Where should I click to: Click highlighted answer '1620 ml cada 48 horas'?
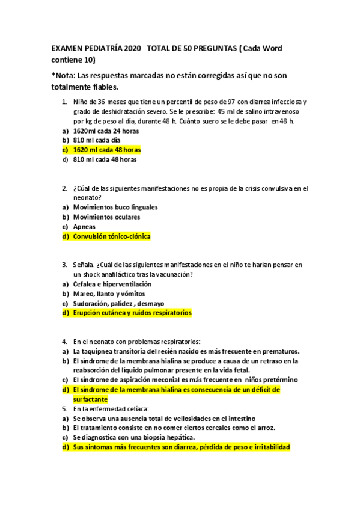107,150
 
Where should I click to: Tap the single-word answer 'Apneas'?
84,227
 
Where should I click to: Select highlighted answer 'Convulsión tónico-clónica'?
111,236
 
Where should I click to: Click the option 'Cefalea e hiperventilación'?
112,284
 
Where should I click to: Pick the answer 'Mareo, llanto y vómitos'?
109,293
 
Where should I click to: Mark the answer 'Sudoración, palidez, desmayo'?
118,303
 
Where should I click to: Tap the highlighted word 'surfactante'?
90,399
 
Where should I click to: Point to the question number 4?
64,342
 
